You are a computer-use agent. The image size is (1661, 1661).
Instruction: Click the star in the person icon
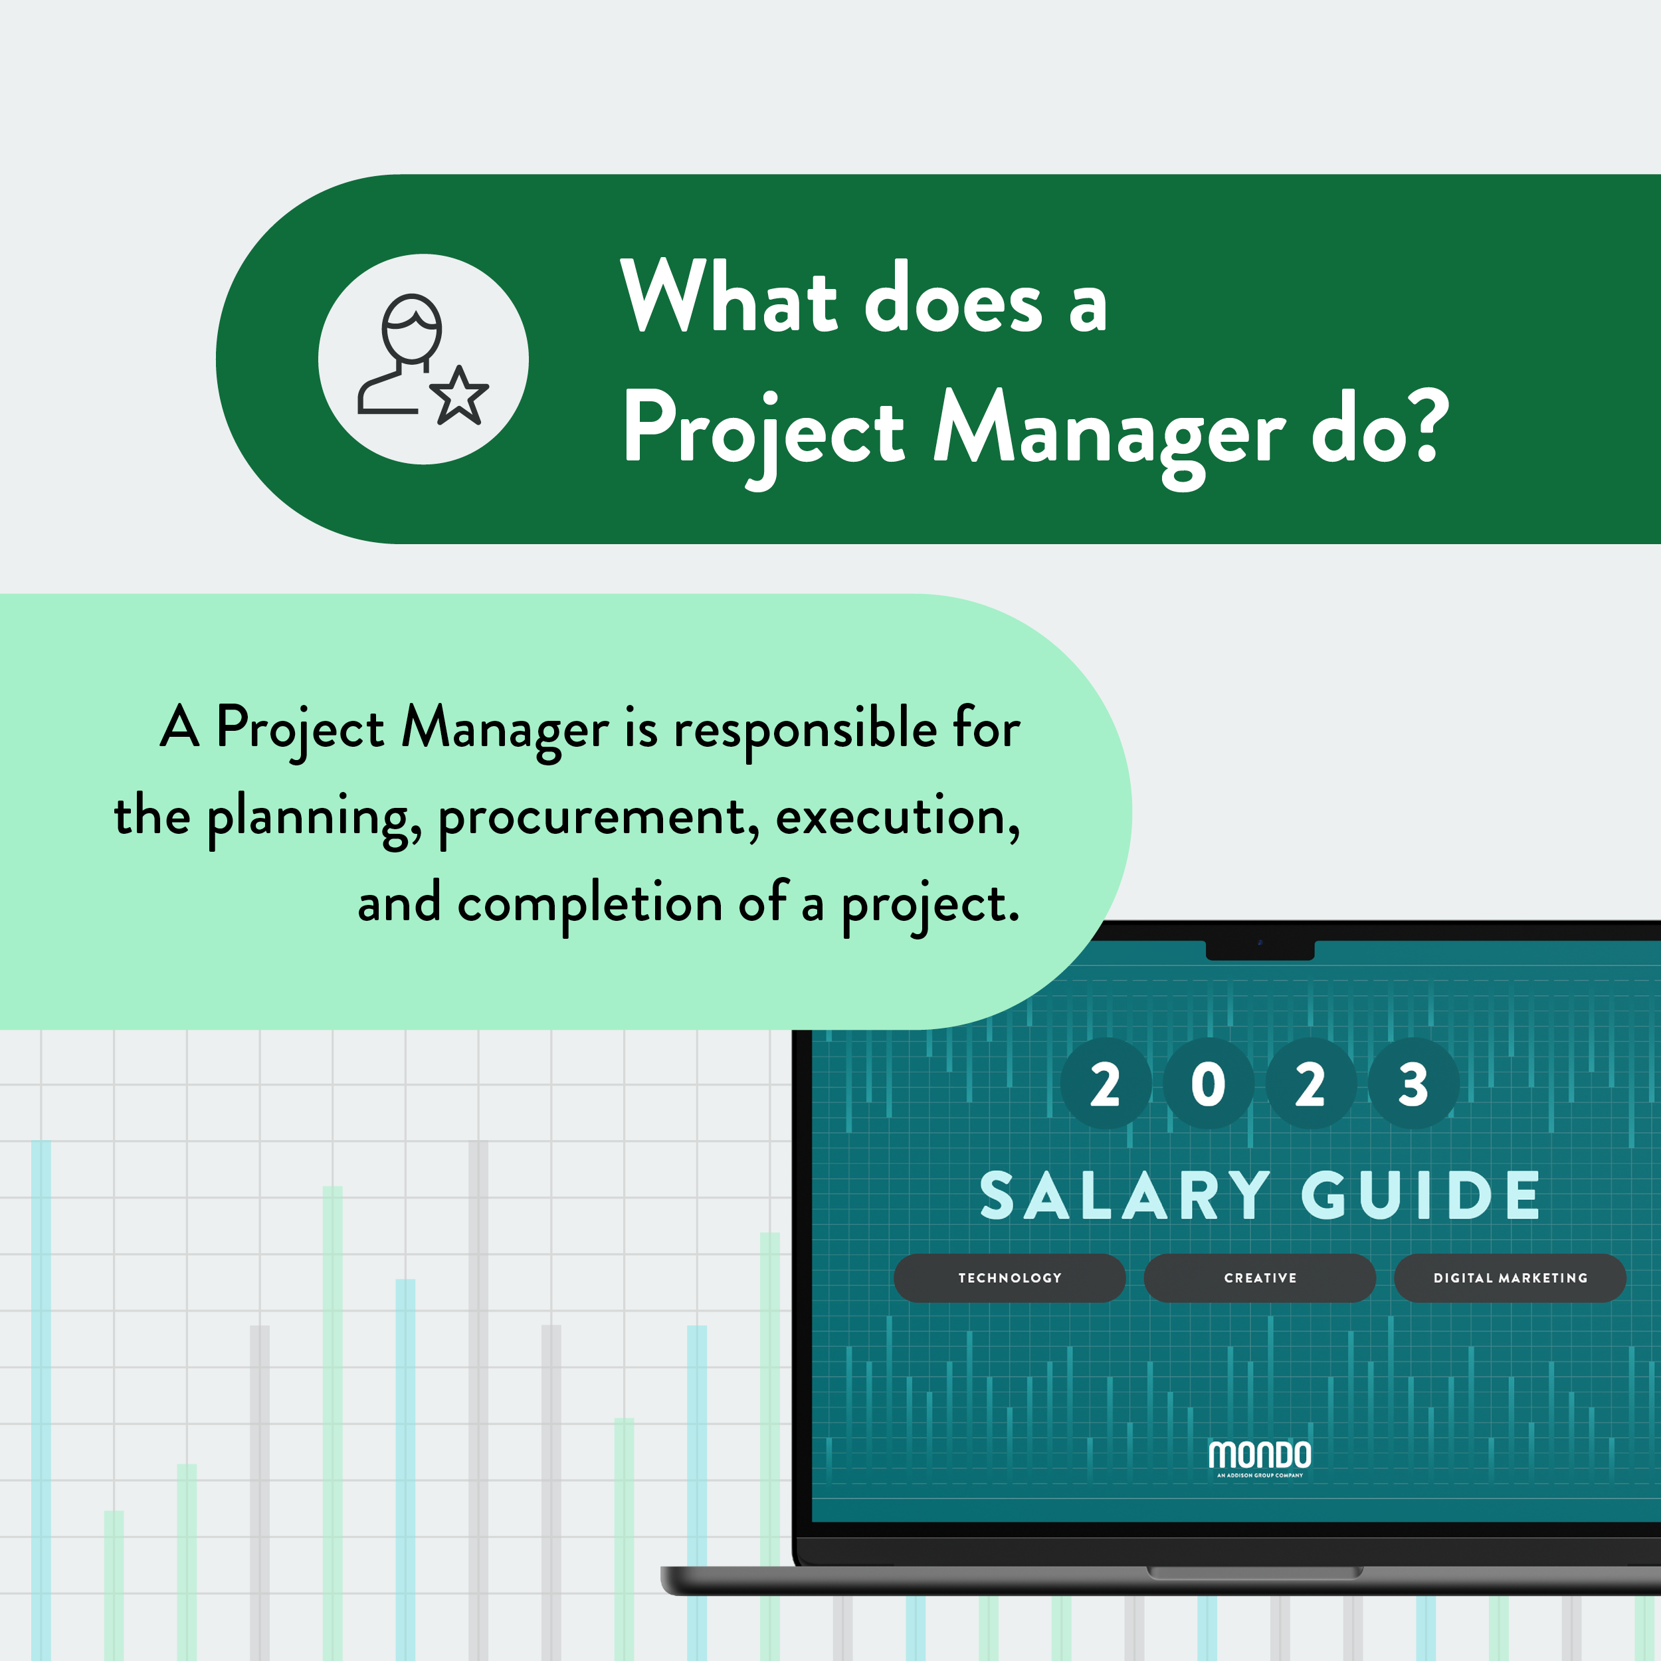coord(459,397)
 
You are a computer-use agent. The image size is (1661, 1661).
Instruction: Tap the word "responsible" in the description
coord(805,730)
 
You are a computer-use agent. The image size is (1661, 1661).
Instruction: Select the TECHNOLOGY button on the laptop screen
coord(1009,1278)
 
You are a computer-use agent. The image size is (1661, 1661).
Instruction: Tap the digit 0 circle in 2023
coord(1208,1084)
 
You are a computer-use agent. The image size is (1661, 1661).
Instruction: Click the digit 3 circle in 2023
coord(1413,1084)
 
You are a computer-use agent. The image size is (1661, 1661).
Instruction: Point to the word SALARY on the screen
coord(1125,1195)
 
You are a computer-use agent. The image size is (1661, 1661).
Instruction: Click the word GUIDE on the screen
coord(1421,1195)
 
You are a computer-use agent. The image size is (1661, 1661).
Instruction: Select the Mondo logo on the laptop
coord(1260,1458)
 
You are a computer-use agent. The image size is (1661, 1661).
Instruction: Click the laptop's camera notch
coord(1260,949)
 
